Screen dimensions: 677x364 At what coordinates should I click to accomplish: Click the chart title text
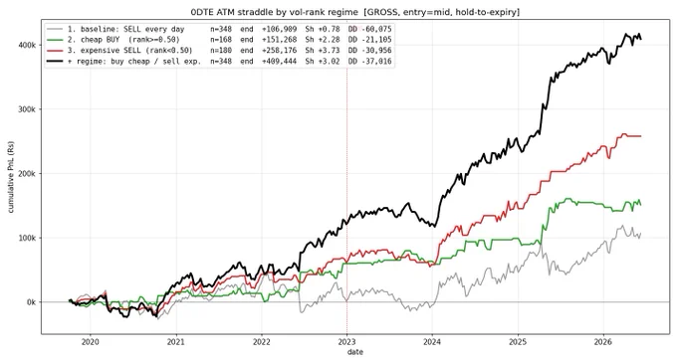[x=354, y=12]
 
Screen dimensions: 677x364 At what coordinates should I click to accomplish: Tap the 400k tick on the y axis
[x=28, y=45]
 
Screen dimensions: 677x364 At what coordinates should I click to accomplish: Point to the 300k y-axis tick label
[x=28, y=109]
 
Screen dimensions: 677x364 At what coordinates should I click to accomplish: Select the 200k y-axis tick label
[x=28, y=173]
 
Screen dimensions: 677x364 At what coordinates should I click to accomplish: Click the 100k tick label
[x=28, y=238]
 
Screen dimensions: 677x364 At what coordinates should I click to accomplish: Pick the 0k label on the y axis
[x=31, y=302]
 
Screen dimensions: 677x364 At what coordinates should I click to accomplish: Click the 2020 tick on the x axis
[x=91, y=342]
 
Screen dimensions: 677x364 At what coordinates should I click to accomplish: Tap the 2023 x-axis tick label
[x=346, y=342]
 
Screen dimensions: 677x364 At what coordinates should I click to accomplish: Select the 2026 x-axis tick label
[x=603, y=342]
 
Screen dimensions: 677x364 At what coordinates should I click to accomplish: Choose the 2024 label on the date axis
[x=432, y=342]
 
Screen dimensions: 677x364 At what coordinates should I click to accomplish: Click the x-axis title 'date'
[x=354, y=352]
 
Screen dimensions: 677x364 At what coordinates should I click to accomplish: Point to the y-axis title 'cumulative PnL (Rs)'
[x=11, y=177]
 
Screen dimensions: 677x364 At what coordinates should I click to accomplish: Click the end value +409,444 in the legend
[x=280, y=62]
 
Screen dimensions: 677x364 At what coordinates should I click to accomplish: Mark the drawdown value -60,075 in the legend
[x=374, y=29]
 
